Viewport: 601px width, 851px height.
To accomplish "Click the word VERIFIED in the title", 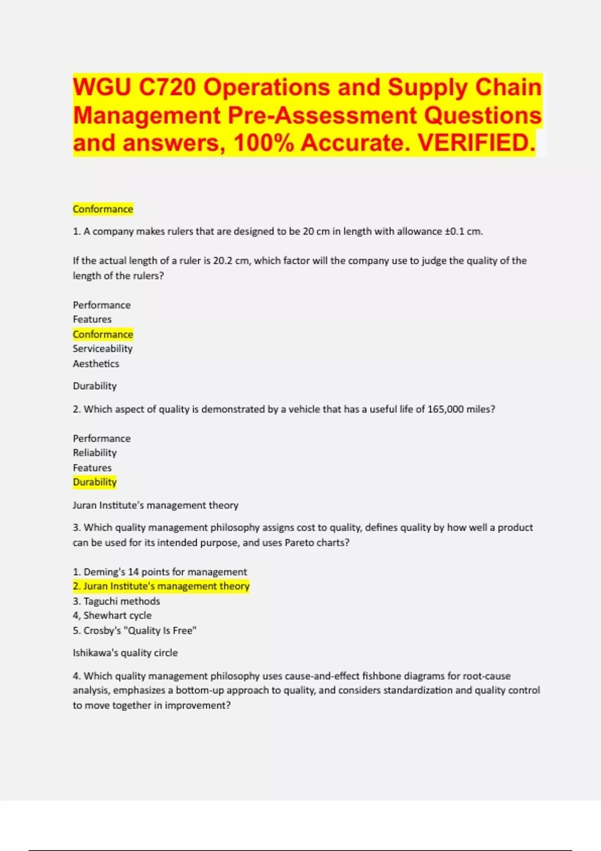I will click(x=476, y=143).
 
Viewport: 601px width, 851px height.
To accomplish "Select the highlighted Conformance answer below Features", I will click(x=103, y=334).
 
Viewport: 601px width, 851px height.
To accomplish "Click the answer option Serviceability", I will click(x=103, y=349).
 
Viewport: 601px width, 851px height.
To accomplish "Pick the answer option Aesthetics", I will click(x=96, y=364).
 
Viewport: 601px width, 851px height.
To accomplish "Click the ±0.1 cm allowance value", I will click(x=463, y=232).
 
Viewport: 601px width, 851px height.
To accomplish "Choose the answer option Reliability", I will click(x=95, y=453).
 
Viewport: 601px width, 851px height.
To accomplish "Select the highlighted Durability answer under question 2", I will click(x=95, y=482).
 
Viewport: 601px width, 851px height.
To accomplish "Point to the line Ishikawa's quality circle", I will click(x=125, y=653).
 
